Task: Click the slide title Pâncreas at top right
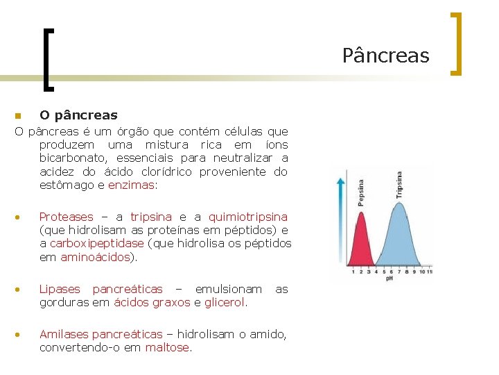point(385,56)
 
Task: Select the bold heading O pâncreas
point(78,115)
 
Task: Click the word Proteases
point(66,217)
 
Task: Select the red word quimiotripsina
point(247,217)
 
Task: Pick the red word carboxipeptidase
point(96,244)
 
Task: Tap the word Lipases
point(60,289)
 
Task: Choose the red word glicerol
point(225,302)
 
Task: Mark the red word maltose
point(167,347)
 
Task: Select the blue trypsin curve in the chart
point(396,236)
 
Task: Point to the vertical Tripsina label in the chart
point(400,185)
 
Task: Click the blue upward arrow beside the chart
point(341,222)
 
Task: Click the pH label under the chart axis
point(390,278)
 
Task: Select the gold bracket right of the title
point(456,43)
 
